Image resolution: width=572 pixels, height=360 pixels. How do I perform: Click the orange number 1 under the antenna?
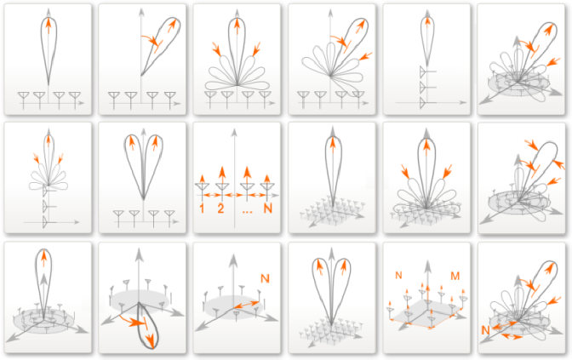[x=202, y=209]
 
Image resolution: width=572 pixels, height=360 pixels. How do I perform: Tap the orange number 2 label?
[x=220, y=209]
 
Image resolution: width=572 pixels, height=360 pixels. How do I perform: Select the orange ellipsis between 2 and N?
[x=248, y=211]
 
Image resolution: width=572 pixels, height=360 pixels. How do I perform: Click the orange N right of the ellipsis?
[x=268, y=209]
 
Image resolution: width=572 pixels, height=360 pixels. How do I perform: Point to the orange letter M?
[x=455, y=276]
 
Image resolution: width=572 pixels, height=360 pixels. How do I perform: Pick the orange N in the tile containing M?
[x=398, y=275]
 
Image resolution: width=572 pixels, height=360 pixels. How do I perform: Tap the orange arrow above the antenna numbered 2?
[x=222, y=172]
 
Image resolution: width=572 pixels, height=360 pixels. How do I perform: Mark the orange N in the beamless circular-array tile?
[x=265, y=278]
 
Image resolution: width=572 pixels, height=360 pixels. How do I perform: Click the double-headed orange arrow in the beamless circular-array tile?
[x=246, y=305]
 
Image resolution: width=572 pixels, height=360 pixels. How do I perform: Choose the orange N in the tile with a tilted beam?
[x=485, y=330]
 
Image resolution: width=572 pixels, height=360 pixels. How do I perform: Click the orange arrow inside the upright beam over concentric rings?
[x=43, y=258]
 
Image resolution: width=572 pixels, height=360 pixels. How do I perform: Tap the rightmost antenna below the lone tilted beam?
[x=170, y=100]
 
